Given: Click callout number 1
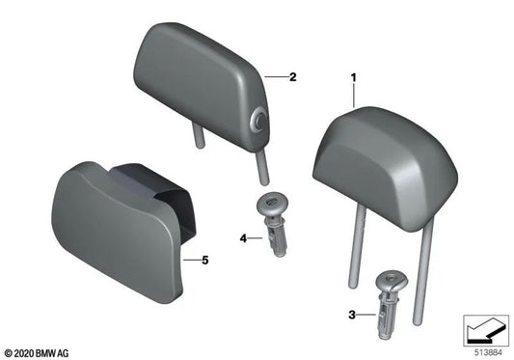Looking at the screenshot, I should (x=354, y=75).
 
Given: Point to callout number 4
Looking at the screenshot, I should (x=244, y=236).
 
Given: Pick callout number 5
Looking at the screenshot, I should (x=203, y=260).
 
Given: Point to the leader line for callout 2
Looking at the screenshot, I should (x=276, y=74).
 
